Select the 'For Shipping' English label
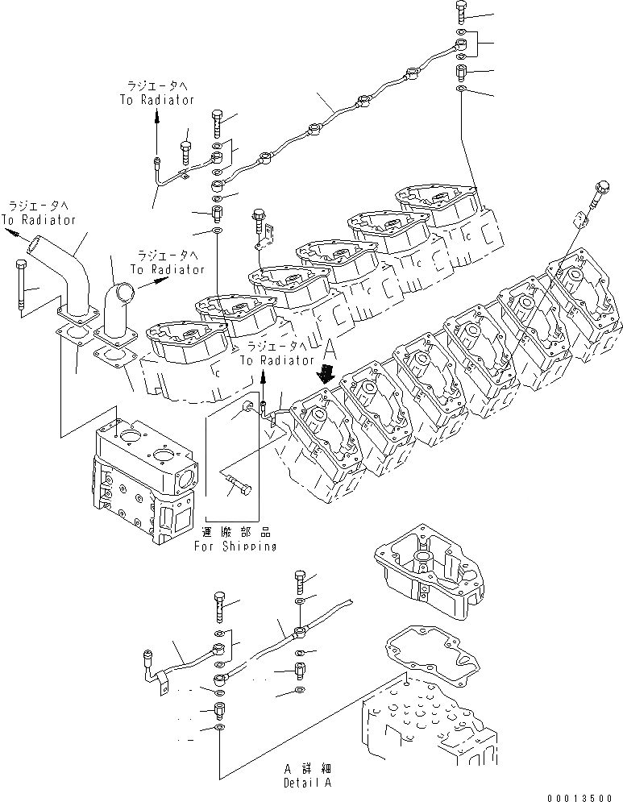[235, 546]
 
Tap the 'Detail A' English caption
[307, 782]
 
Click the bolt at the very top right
[460, 11]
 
